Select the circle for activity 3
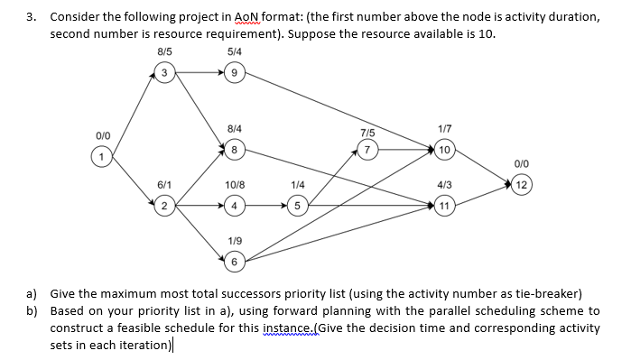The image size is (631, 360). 163,73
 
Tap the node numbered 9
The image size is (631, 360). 234,73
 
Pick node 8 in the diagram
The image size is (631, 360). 234,148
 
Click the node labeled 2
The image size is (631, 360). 163,205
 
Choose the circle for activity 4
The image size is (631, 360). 234,205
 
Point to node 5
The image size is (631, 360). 297,205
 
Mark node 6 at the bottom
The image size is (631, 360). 234,262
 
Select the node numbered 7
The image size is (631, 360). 367,148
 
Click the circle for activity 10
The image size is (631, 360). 444,148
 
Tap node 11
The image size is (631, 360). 444,205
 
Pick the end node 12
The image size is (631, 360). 522,186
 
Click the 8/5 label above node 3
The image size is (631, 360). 163,51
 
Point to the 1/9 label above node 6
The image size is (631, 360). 234,241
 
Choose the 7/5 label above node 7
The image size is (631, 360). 367,132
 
